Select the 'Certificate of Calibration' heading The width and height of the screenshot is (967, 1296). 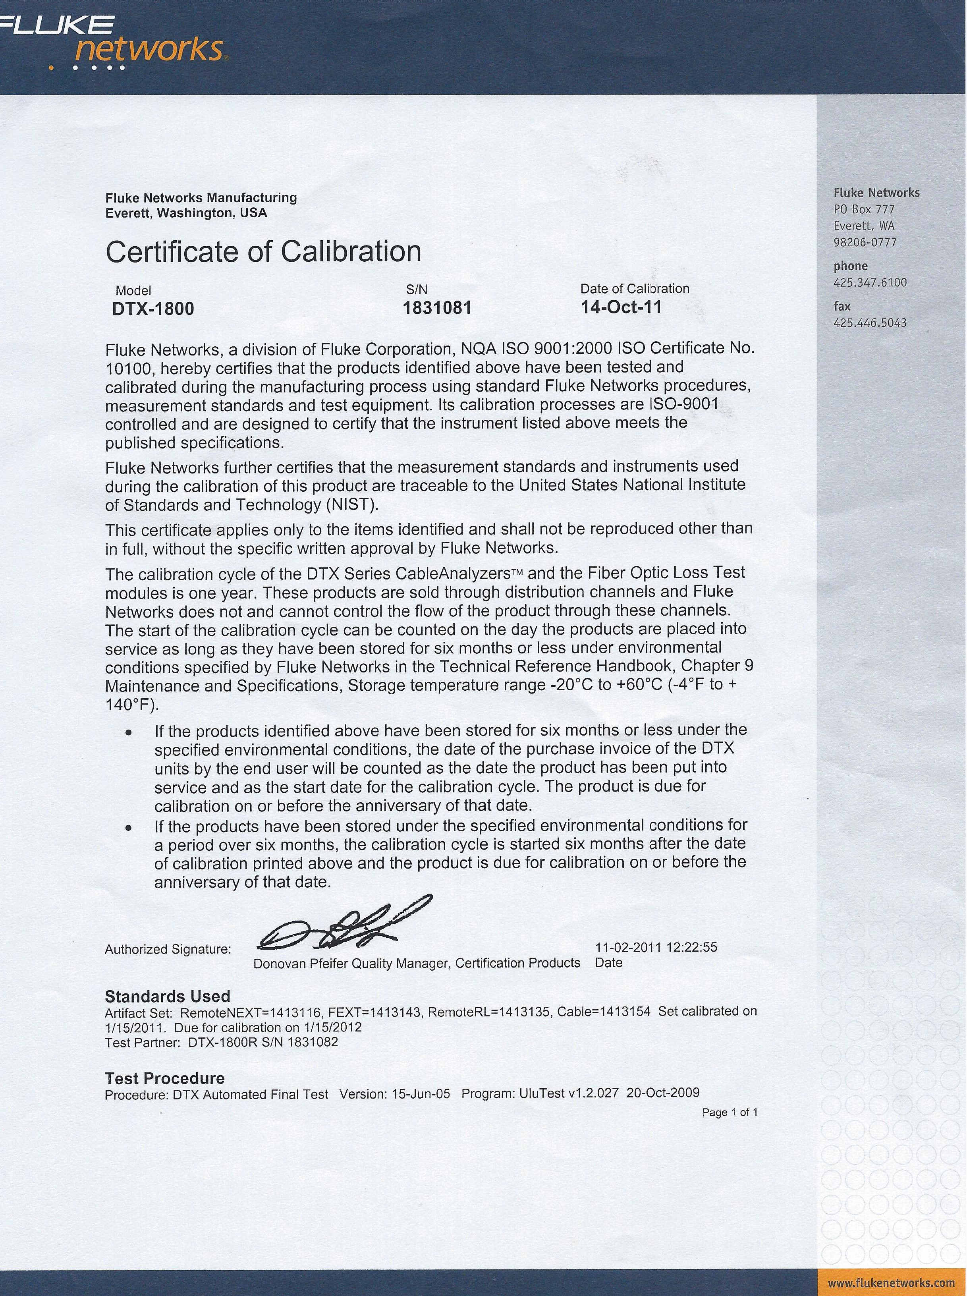click(263, 252)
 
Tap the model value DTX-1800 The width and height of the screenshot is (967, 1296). click(153, 309)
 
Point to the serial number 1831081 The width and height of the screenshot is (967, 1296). click(437, 307)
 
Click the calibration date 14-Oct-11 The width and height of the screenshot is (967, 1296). click(621, 307)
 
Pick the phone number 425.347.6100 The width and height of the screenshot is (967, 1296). click(870, 283)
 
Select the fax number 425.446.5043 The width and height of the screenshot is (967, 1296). click(870, 323)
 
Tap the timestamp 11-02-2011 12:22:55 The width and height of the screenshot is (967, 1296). click(656, 947)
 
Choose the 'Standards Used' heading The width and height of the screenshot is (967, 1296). click(168, 996)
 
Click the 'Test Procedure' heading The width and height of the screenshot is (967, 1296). click(164, 1078)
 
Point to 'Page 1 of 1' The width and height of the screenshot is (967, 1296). click(730, 1112)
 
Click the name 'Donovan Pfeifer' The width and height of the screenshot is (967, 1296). click(301, 964)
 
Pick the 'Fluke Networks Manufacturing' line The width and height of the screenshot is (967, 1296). click(201, 198)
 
